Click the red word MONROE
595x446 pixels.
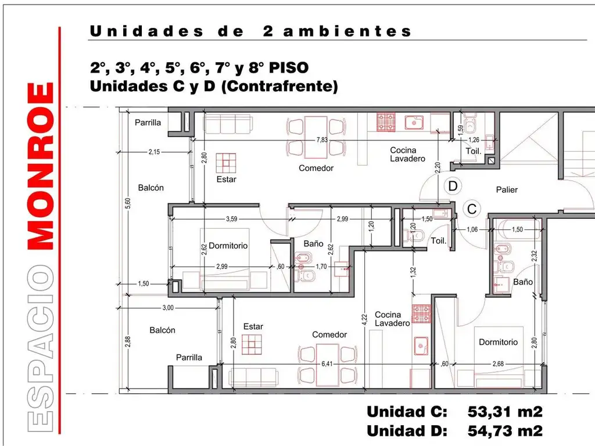pos(41,166)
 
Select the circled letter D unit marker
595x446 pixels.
pos(453,186)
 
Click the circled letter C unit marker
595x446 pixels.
pos(472,209)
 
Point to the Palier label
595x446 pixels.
pos(507,190)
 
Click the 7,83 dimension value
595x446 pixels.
pos(322,140)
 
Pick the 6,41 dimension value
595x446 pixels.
pos(327,364)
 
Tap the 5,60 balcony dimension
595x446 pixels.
pos(128,203)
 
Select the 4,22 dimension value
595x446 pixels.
pos(364,320)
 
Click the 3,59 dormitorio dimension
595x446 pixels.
pos(231,219)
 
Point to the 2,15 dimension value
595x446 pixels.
pos(154,152)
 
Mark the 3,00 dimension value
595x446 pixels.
pos(168,308)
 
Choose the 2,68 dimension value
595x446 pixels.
pos(498,364)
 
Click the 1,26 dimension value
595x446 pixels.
pos(474,140)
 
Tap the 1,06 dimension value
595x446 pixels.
pos(472,229)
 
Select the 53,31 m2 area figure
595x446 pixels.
pos(505,412)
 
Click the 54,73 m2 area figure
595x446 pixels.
pos(505,431)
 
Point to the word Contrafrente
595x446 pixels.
pos(280,87)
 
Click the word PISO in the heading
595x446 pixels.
pos(288,68)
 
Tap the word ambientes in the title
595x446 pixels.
pos(347,31)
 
